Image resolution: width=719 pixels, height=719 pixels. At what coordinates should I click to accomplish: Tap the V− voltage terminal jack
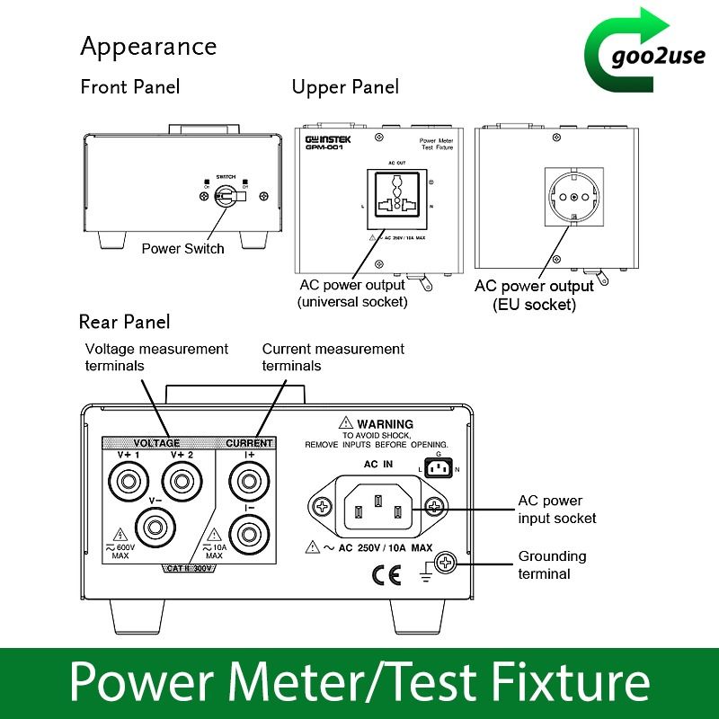pos(155,524)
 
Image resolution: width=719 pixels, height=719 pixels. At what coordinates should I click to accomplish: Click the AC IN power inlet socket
pos(378,508)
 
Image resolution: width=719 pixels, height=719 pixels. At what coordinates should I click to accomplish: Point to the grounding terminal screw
pos(445,564)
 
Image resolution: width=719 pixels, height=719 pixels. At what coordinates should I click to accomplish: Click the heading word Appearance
pos(148,45)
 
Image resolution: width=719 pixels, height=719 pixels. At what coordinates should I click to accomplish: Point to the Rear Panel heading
pos(124,321)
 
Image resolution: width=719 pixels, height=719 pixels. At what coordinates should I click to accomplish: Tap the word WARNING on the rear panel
pos(385,423)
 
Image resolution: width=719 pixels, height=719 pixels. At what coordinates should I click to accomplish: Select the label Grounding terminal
pos(551,564)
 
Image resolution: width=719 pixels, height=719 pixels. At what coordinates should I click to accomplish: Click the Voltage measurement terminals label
pos(156,357)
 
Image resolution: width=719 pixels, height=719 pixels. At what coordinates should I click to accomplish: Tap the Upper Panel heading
pos(345,86)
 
